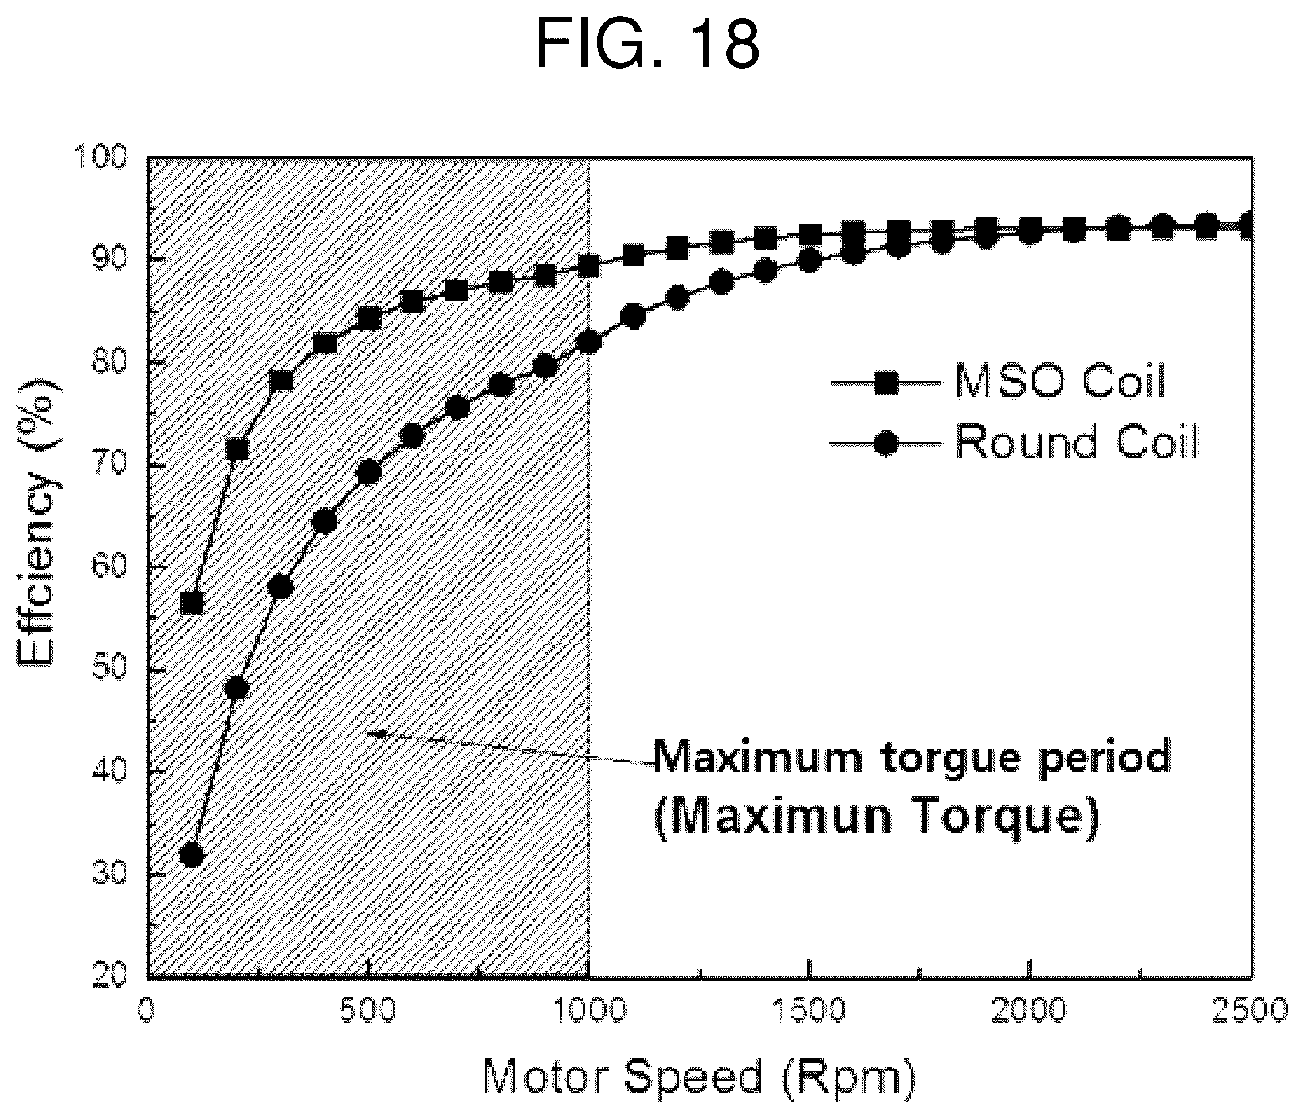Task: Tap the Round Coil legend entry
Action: [1014, 442]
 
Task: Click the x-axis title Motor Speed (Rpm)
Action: [698, 1079]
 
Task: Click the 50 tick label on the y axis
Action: [112, 670]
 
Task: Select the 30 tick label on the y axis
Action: [112, 875]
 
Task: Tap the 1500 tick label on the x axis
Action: [810, 1010]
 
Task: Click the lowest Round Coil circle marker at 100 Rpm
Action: [192, 856]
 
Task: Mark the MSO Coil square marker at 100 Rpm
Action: [192, 603]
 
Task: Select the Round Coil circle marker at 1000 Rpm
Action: [589, 342]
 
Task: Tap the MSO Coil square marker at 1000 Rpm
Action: [589, 266]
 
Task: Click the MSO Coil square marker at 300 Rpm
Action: [281, 381]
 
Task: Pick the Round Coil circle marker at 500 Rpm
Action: [369, 472]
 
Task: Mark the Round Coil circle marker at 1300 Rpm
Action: [721, 283]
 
